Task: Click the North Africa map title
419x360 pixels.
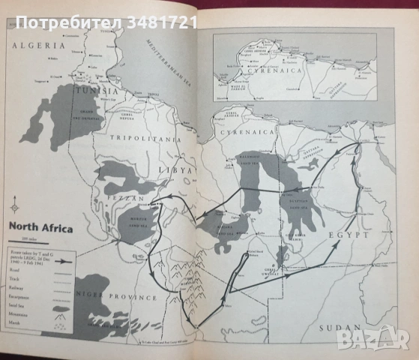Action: [40, 226]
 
